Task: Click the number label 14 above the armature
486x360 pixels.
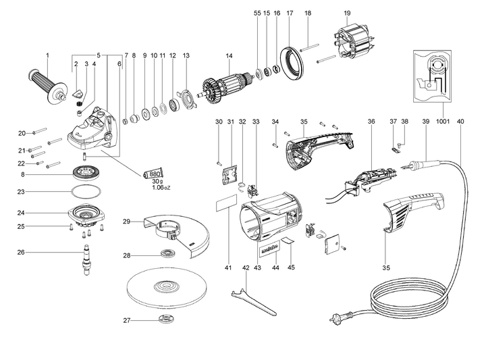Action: [x=229, y=55]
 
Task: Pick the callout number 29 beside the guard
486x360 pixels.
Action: [x=126, y=222]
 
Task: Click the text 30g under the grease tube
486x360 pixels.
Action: [x=157, y=182]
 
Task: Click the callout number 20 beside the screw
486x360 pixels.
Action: [x=22, y=132]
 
